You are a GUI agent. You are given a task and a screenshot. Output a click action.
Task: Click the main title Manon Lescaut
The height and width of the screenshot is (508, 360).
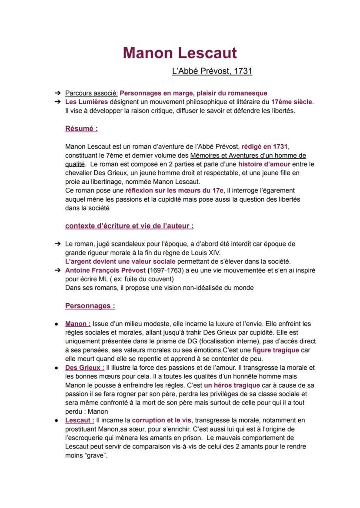pos(180,53)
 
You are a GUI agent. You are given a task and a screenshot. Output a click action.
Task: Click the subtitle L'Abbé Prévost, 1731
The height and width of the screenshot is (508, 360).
pos(212,71)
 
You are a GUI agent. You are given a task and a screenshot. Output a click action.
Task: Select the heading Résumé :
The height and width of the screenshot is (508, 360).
pos(81,129)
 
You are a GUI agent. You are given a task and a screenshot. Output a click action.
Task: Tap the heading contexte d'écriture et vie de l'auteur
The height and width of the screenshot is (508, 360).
pos(129,226)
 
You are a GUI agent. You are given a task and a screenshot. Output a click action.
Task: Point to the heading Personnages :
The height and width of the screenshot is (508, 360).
pos(90,305)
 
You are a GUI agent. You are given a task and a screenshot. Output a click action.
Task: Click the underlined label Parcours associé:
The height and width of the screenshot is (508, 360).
pos(91,93)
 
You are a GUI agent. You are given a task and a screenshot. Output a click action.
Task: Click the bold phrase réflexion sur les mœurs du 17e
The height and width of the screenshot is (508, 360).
pos(174,190)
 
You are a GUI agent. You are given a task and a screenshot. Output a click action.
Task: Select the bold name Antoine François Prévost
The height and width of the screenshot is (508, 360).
pos(105,270)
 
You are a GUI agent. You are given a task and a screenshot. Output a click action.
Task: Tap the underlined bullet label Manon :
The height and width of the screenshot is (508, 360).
pos(78,324)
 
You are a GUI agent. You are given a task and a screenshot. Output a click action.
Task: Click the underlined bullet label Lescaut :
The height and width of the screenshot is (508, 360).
pos(80,420)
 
